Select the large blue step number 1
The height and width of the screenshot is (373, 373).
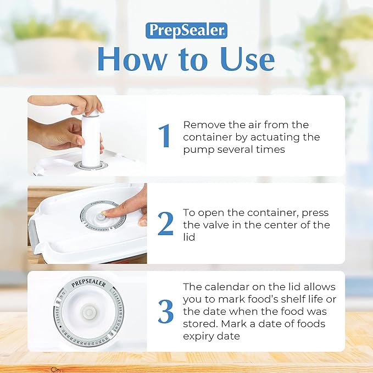point(164,137)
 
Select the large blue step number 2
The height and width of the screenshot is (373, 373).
point(165,224)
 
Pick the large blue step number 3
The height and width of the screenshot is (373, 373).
point(165,311)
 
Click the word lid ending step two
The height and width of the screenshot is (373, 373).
point(190,237)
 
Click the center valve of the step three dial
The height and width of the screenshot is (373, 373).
point(88,311)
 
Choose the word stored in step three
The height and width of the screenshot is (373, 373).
point(200,324)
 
